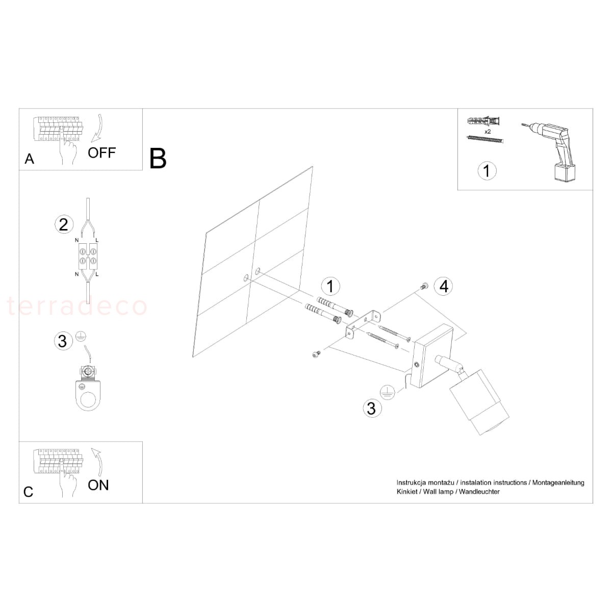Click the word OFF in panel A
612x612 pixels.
[x=101, y=153]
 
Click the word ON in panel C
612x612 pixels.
[x=98, y=486]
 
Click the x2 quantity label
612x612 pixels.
[x=488, y=132]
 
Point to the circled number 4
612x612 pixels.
[x=444, y=286]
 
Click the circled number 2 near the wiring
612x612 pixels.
[x=64, y=225]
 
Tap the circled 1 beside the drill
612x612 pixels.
[x=487, y=171]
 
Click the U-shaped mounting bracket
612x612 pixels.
[x=363, y=326]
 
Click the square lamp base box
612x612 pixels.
[x=432, y=356]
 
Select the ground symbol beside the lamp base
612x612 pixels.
[x=387, y=393]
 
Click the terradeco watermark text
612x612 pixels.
[x=77, y=306]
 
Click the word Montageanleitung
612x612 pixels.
[x=558, y=483]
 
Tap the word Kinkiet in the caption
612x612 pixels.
[x=407, y=492]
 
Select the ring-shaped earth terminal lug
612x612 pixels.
[x=88, y=395]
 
